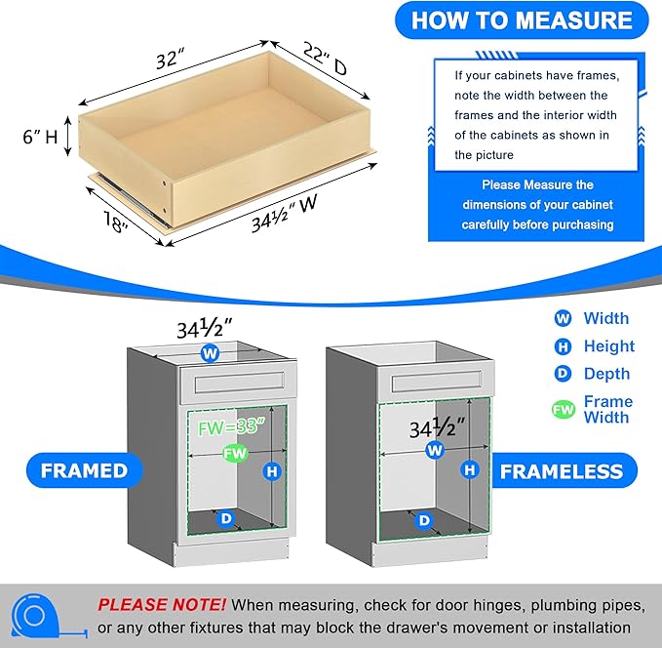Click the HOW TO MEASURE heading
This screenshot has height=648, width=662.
point(521,20)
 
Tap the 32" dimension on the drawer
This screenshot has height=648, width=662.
point(169,59)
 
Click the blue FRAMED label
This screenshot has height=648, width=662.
point(83,470)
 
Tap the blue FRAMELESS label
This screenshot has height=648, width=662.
point(561,471)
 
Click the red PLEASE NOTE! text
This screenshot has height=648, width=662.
point(162,605)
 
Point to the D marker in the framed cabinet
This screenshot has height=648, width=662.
point(225,519)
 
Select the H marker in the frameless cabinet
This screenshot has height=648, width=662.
point(471,470)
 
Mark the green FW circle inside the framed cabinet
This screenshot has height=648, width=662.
point(234,454)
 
